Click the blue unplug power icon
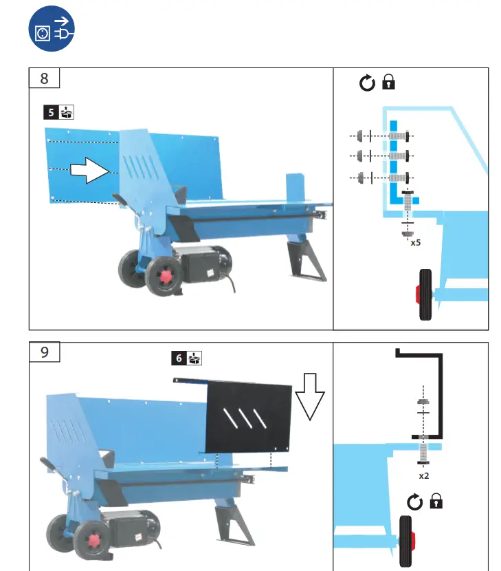click(x=52, y=32)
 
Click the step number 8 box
click(x=45, y=78)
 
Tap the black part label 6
click(x=179, y=358)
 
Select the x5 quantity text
click(x=416, y=243)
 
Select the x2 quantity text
click(x=424, y=475)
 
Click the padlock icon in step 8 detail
click(x=389, y=83)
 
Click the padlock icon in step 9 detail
click(x=435, y=502)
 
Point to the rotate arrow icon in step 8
click(x=368, y=84)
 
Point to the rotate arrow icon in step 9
click(x=414, y=503)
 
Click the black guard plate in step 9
click(x=249, y=416)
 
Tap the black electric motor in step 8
click(x=198, y=263)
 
